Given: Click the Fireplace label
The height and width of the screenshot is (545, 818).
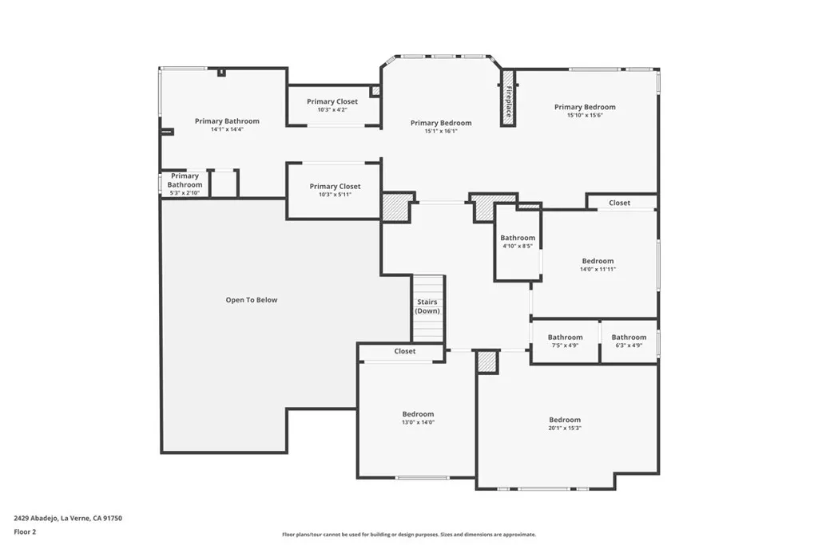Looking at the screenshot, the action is pyautogui.click(x=508, y=101).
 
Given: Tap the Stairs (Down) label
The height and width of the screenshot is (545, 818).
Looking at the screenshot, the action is pyautogui.click(x=427, y=306).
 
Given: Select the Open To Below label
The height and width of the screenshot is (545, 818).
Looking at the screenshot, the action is pyautogui.click(x=252, y=299).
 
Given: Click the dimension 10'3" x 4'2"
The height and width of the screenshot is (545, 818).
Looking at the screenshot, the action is pyautogui.click(x=332, y=110).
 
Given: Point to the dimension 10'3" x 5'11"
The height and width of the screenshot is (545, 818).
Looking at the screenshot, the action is pyautogui.click(x=335, y=195).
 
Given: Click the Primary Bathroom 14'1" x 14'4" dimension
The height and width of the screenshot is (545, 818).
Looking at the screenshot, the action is pyautogui.click(x=227, y=129).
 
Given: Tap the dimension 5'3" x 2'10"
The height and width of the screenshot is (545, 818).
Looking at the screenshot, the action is pyautogui.click(x=185, y=193).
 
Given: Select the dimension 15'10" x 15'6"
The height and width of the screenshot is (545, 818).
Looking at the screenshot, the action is pyautogui.click(x=585, y=115).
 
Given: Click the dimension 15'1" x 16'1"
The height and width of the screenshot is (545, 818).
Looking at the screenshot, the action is pyautogui.click(x=441, y=132).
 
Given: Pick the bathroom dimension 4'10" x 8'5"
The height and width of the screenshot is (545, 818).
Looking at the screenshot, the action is pyautogui.click(x=518, y=246).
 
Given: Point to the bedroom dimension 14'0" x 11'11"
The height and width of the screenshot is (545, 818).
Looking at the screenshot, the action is pyautogui.click(x=598, y=270).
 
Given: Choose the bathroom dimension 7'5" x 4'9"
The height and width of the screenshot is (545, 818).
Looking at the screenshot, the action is pyautogui.click(x=565, y=345).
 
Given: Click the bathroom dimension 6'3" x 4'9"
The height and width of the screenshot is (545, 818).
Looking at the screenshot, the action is pyautogui.click(x=629, y=345).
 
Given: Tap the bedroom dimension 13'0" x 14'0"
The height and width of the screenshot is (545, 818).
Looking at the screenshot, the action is pyautogui.click(x=418, y=423).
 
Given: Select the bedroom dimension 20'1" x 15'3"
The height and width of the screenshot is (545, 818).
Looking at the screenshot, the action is pyautogui.click(x=565, y=428).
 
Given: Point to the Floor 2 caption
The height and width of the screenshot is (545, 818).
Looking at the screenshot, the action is pyautogui.click(x=25, y=532).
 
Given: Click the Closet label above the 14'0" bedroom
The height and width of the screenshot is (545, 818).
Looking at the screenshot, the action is pyautogui.click(x=619, y=203).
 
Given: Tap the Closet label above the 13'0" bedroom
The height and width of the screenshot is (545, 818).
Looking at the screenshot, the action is pyautogui.click(x=405, y=351).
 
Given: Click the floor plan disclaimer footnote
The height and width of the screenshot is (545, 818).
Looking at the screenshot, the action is pyautogui.click(x=409, y=535).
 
